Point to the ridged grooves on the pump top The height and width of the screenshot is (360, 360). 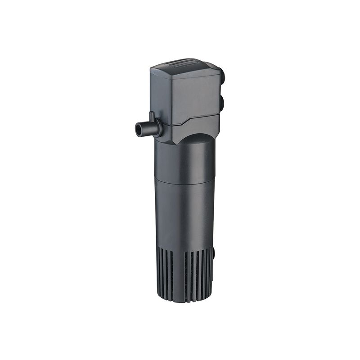189,63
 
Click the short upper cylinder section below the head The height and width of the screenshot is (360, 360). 184,160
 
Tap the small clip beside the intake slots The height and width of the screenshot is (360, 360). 215,255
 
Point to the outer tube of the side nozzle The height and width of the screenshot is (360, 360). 147,129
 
